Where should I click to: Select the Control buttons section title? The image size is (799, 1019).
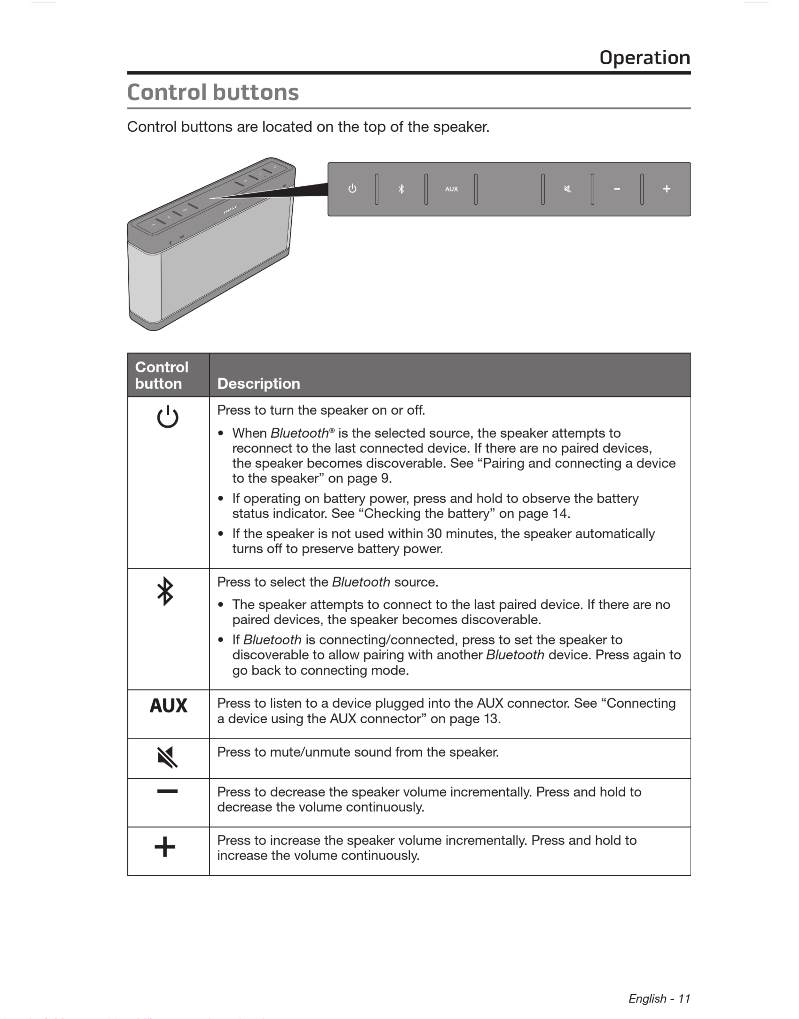tap(213, 92)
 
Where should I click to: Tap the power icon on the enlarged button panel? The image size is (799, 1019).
tap(352, 189)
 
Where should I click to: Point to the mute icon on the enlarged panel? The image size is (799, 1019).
tap(568, 189)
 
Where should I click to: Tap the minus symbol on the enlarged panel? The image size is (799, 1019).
tap(617, 189)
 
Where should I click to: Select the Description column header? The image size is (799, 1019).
tap(259, 383)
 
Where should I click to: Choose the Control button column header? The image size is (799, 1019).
tap(161, 375)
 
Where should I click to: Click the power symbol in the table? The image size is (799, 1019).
tap(168, 417)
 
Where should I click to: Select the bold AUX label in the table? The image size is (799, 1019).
tap(168, 705)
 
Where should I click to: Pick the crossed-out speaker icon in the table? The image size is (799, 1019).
tap(168, 757)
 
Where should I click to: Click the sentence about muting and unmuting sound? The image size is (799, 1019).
tap(358, 752)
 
